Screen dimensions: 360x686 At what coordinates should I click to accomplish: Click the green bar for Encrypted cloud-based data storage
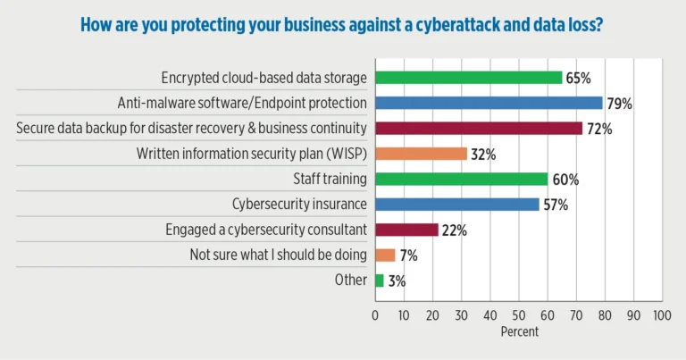469,78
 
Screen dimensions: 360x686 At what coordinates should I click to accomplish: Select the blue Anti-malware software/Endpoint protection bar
489,103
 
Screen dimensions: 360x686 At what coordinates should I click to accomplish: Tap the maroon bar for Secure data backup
479,129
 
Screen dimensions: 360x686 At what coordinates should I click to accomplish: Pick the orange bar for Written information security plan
421,154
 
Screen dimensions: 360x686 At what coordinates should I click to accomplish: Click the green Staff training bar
461,179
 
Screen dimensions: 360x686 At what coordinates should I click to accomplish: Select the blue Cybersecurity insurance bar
456,205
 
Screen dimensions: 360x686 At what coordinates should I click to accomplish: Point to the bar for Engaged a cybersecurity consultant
406,230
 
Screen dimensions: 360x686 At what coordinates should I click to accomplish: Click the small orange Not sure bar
385,255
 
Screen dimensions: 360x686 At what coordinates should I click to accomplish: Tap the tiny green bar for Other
380,280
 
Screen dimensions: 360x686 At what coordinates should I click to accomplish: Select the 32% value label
483,155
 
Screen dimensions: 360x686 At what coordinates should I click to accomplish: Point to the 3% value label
397,281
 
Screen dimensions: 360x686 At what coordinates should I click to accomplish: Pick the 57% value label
556,205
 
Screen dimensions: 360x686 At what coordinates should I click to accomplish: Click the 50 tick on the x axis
518,315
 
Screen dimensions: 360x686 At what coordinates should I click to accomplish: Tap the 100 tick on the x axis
661,315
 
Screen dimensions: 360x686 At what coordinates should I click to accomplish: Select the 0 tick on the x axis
375,315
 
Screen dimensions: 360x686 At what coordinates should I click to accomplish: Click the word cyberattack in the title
414,24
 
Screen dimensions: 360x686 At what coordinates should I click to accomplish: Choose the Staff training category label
330,179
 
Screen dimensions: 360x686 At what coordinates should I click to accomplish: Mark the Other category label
351,280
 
